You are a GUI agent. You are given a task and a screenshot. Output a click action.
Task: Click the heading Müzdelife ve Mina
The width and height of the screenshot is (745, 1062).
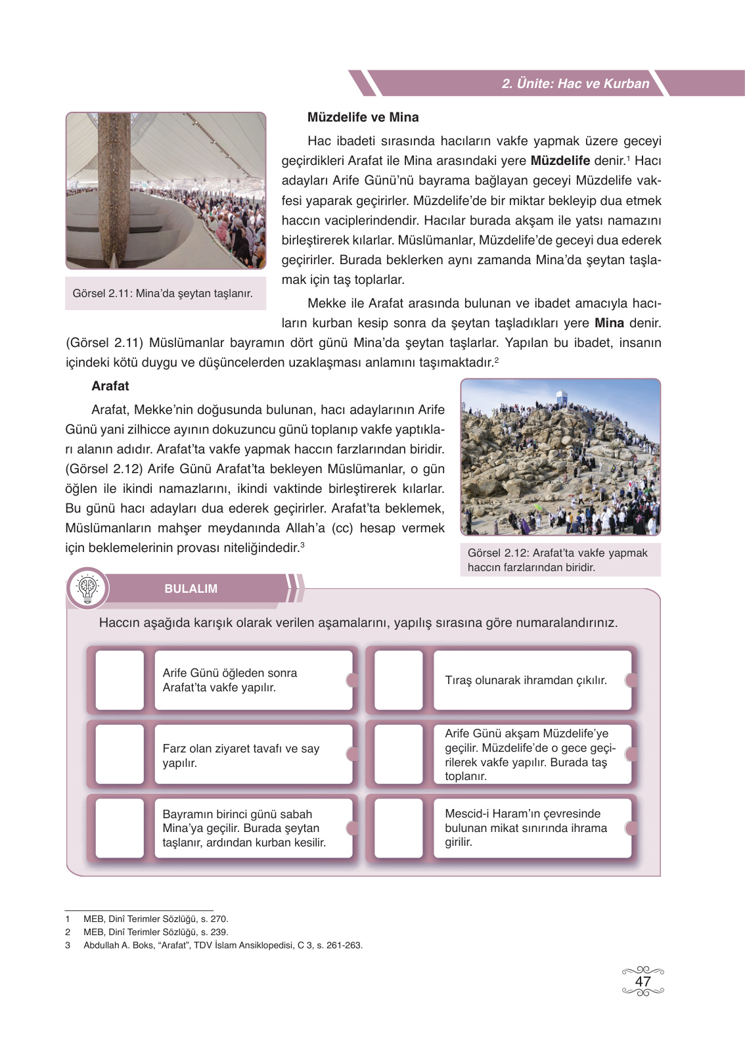point(363,118)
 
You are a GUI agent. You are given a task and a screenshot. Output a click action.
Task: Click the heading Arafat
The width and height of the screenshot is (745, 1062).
point(110,386)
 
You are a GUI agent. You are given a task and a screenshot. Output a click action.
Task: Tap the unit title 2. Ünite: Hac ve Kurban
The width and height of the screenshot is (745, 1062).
point(575,84)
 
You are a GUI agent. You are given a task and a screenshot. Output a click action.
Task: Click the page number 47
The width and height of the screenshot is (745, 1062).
point(643,981)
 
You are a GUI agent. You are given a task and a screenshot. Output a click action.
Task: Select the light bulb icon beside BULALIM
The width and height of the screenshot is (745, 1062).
point(87,588)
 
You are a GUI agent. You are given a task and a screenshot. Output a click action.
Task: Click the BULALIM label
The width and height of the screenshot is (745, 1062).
point(191,589)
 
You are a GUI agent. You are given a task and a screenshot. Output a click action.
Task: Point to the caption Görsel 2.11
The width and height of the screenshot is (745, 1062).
point(162,294)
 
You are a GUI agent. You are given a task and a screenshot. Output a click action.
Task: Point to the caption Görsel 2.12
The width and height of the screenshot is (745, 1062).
point(557,560)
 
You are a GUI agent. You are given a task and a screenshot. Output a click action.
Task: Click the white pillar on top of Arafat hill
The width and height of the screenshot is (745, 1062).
point(562,397)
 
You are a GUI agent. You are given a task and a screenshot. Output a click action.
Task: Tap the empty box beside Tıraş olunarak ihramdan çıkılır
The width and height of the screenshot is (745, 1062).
point(398,680)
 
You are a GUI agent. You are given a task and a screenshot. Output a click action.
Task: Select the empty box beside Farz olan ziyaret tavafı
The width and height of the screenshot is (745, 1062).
point(120,754)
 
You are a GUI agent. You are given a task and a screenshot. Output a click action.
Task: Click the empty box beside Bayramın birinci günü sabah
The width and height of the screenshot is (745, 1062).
point(120,828)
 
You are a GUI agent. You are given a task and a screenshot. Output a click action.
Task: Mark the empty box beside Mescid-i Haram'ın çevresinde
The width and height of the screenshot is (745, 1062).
point(398,828)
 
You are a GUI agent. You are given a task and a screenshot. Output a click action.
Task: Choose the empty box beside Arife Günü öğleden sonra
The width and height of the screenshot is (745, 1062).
point(120,680)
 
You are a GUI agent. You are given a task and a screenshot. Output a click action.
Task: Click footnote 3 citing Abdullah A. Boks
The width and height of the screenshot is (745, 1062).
point(223,946)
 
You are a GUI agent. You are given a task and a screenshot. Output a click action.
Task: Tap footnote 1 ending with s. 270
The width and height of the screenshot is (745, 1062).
point(156,919)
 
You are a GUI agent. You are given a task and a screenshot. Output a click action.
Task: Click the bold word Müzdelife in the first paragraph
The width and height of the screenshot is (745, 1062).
point(560,161)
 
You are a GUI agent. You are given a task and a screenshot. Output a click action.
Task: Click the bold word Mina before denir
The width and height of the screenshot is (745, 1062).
point(609,323)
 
